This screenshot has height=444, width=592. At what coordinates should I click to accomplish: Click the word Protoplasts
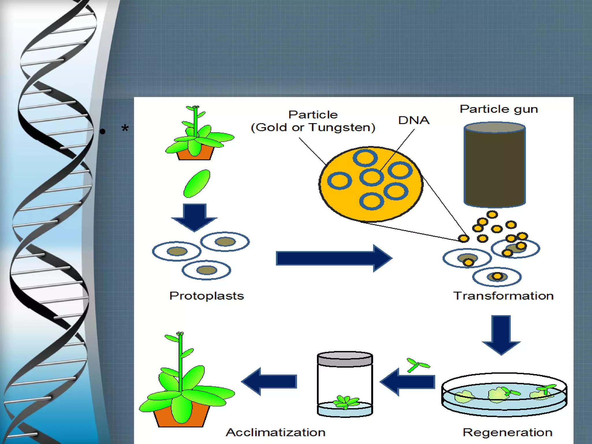[x=206, y=296]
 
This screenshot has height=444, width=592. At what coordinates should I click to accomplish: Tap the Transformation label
[x=503, y=296]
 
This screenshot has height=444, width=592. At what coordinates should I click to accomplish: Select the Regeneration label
[x=507, y=432]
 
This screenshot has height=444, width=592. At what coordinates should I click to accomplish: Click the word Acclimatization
[x=275, y=432]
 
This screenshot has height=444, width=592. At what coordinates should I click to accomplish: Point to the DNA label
[x=414, y=120]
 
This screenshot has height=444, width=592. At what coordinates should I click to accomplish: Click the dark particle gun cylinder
[x=495, y=168]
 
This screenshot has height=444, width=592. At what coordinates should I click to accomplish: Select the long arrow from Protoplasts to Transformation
[x=332, y=258]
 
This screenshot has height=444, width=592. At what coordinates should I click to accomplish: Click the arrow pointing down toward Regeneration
[x=501, y=334]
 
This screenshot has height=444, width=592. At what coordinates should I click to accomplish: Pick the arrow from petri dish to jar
[x=408, y=382]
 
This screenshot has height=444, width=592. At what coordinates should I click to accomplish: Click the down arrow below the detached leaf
[x=194, y=217]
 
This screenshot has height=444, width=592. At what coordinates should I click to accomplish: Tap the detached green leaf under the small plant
[x=197, y=184]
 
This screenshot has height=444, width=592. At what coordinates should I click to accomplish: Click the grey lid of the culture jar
[x=345, y=359]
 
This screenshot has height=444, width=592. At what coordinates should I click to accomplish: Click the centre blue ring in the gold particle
[x=371, y=177]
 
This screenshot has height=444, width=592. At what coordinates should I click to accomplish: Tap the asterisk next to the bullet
[x=125, y=128]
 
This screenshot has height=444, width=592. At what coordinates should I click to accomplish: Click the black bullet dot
[x=103, y=132]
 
